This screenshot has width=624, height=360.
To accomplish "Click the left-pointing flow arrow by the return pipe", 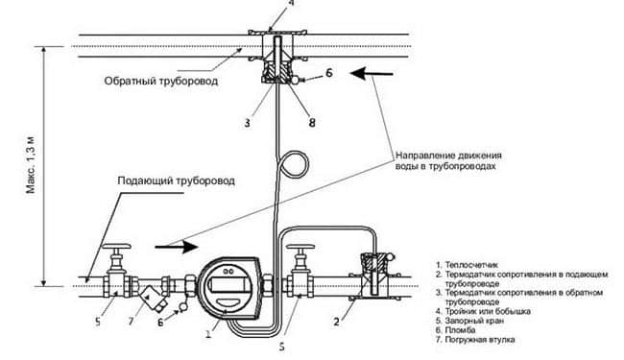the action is [372, 74].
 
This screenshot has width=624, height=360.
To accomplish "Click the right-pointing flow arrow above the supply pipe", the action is [177, 247].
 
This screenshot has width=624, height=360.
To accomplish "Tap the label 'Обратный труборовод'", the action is [161, 82].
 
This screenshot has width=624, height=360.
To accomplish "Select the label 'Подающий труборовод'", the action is [176, 181].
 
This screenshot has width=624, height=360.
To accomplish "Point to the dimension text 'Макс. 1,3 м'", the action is [31, 165].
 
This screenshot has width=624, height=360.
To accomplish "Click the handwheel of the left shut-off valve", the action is [116, 246].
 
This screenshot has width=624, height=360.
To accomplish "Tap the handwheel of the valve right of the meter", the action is [300, 247].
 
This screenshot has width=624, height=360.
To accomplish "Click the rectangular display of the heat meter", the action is [228, 285].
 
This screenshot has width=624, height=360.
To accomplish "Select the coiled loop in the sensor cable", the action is [295, 164].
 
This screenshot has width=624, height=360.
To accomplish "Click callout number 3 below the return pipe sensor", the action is [248, 123].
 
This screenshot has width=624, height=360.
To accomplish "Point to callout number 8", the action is [312, 123].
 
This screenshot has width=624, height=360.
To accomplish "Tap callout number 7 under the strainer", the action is [132, 321].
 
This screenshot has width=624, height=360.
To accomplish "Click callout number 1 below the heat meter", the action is [208, 333].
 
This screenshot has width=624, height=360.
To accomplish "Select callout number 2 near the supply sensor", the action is [337, 322].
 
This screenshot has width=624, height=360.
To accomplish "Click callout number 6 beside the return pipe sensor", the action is [329, 73].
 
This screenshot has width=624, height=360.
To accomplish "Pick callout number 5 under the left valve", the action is [98, 321].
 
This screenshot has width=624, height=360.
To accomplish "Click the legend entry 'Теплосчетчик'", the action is [468, 265].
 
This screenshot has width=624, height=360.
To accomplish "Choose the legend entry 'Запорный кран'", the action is [470, 321].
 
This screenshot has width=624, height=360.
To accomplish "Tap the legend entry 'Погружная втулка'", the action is [475, 340].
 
